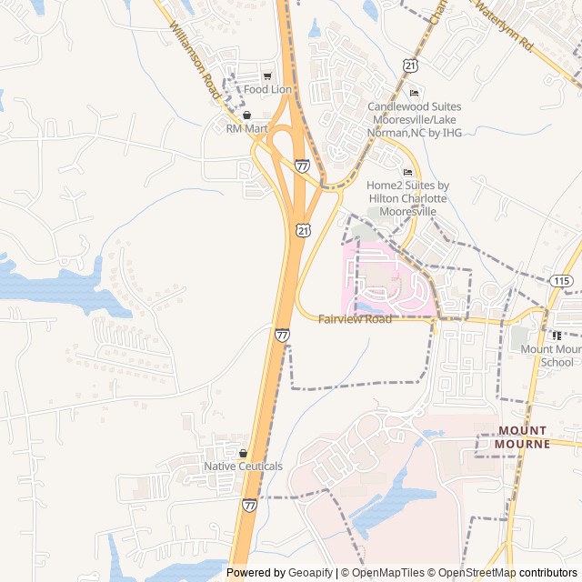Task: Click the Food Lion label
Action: (x=267, y=89)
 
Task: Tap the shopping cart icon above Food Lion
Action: (x=267, y=75)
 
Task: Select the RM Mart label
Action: (x=247, y=129)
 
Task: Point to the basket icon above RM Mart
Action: (x=246, y=115)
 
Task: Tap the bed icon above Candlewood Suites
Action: (x=414, y=93)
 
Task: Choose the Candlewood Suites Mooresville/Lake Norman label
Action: (x=414, y=120)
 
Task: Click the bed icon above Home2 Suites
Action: (x=407, y=172)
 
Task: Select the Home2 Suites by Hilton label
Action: (x=407, y=197)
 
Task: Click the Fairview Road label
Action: (x=355, y=319)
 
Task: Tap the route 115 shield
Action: (x=560, y=280)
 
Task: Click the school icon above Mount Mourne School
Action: (x=557, y=336)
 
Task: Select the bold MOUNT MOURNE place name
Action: (x=523, y=436)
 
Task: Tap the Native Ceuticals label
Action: (x=243, y=467)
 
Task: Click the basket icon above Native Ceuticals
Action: (x=243, y=453)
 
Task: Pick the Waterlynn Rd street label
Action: (x=502, y=24)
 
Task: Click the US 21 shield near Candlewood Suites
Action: (x=411, y=65)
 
